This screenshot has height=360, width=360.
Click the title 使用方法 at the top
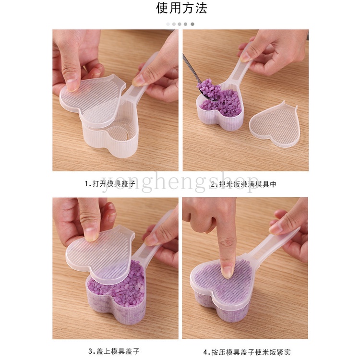point(180,9)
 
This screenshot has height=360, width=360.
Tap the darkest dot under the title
point(192,24)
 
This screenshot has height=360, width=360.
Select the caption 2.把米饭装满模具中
point(245,183)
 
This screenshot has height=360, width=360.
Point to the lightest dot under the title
point(168,24)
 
